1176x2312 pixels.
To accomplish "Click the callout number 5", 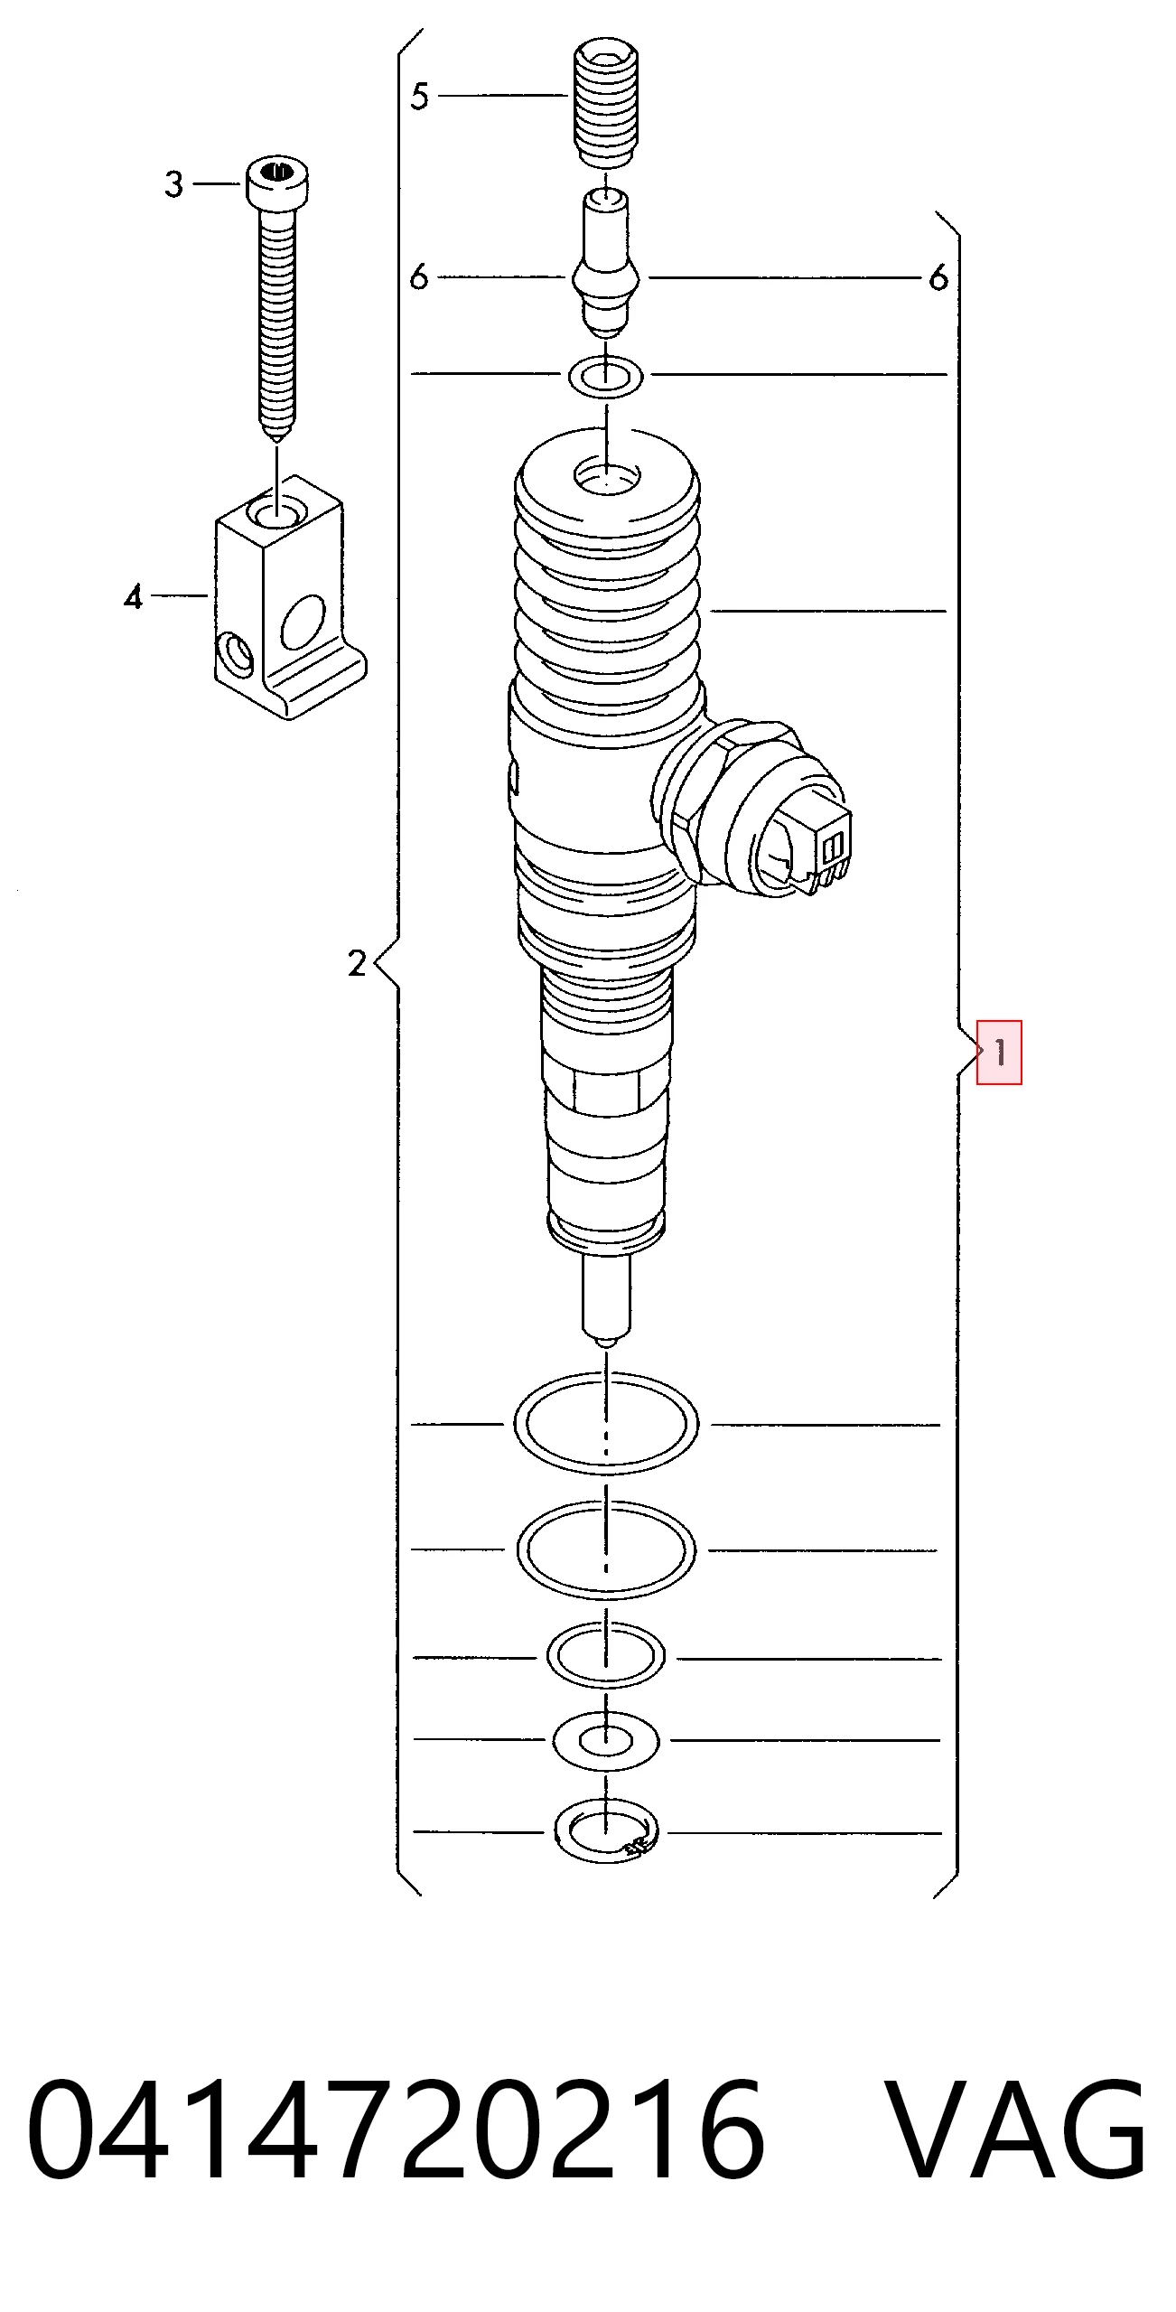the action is coord(419,96).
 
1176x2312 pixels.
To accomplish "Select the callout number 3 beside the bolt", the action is coord(174,184).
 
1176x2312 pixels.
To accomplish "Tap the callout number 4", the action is coord(134,597).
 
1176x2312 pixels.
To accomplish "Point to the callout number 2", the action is coord(357,963).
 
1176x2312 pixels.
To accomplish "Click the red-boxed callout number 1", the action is coord(1000,1052).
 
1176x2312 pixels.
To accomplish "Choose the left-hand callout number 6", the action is coord(418,276).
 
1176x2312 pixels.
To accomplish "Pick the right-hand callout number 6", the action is coord(938,277).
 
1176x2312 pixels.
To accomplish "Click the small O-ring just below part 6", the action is coord(606,376).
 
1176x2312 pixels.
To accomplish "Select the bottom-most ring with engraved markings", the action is coord(606,1832).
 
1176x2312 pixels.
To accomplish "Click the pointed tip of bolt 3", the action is coord(277,436).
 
